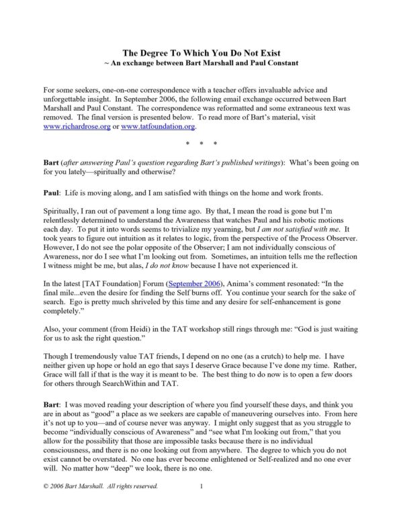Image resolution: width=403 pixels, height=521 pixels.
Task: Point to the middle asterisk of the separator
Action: click(201, 144)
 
